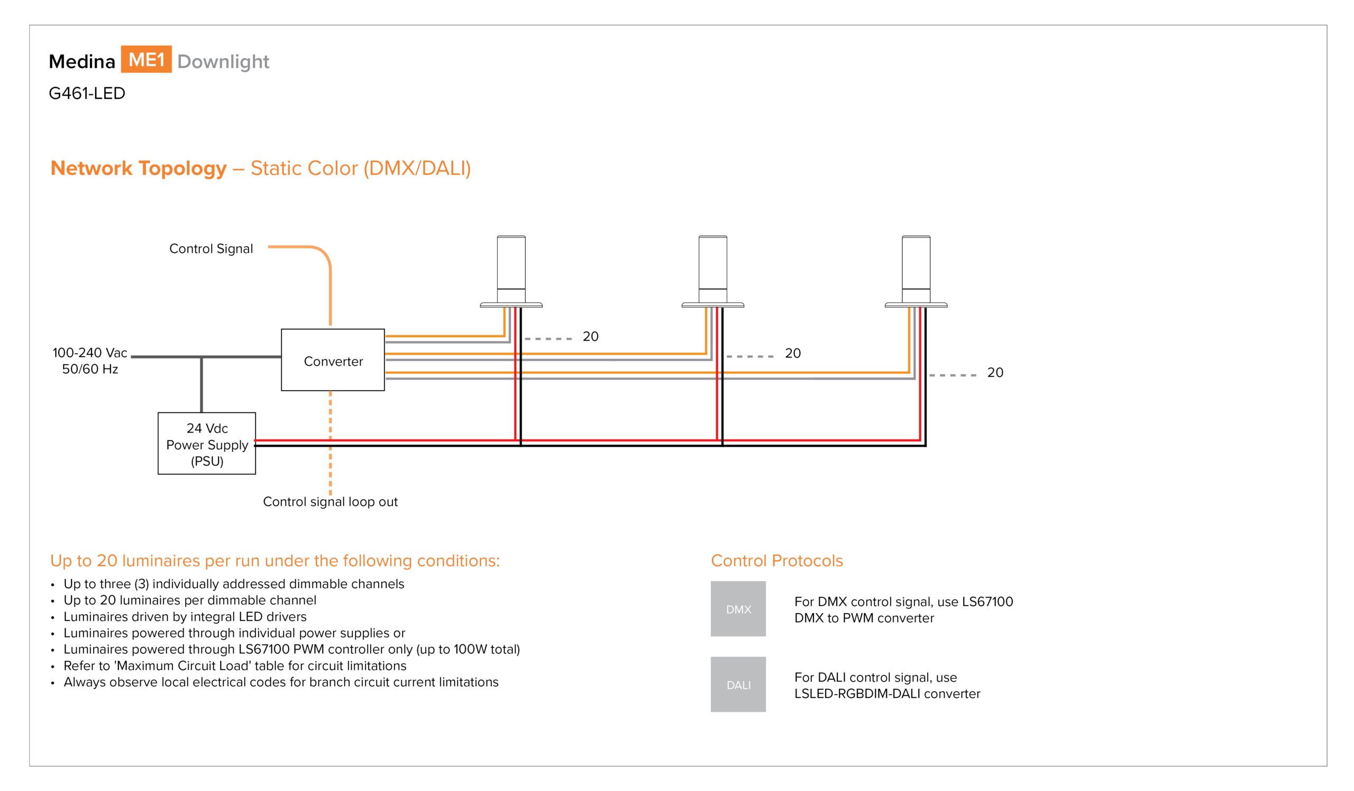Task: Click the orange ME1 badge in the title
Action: point(146,59)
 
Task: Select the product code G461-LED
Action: point(87,94)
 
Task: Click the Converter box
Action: point(333,359)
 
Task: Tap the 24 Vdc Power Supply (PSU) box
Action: point(207,444)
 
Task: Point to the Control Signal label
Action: point(211,249)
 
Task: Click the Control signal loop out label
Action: point(331,502)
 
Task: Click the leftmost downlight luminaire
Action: point(511,272)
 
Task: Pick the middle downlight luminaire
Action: point(712,272)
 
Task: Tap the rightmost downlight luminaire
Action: point(916,272)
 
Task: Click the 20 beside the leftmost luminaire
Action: point(590,337)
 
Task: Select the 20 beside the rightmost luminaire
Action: point(995,373)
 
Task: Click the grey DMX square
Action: point(738,609)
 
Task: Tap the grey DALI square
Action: point(738,685)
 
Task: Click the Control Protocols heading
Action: point(777,561)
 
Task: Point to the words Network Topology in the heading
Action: point(139,168)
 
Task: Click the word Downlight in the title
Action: point(223,62)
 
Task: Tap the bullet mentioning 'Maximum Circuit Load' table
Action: point(235,666)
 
